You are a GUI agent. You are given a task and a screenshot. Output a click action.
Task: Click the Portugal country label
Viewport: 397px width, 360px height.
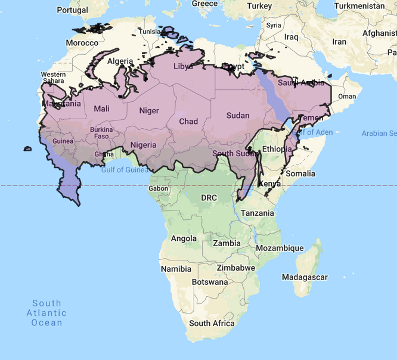click(73, 10)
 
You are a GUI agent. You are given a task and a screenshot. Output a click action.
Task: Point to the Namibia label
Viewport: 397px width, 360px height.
click(176, 269)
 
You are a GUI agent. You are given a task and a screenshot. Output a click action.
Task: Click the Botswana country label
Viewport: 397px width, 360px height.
click(210, 281)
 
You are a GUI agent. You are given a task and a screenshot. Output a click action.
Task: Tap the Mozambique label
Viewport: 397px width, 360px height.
click(275, 247)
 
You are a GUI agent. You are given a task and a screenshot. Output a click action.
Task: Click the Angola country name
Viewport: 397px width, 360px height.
click(184, 238)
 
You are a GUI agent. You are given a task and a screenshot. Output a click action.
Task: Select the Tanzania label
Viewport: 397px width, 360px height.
click(258, 213)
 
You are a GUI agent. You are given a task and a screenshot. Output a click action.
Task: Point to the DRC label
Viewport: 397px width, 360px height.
click(209, 197)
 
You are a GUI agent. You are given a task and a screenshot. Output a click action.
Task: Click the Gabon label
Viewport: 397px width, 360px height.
click(158, 188)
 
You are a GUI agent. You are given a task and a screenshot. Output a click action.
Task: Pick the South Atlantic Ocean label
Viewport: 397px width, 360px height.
click(46, 313)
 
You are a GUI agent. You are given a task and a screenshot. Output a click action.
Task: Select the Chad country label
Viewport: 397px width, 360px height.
click(188, 121)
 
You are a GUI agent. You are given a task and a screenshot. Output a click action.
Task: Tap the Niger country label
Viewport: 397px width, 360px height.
click(149, 110)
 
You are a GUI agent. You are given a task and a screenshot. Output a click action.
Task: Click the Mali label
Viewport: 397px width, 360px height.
click(101, 108)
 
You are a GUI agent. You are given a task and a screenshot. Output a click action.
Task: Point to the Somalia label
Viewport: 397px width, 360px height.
click(300, 173)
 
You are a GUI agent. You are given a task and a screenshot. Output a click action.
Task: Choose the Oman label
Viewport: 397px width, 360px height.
click(346, 97)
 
